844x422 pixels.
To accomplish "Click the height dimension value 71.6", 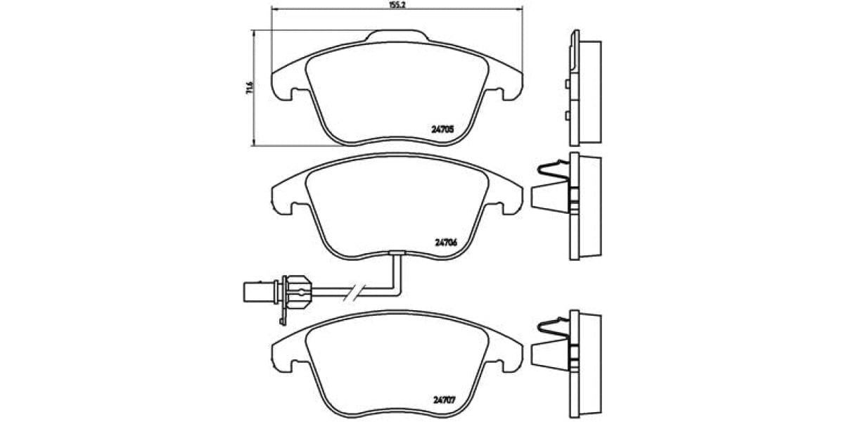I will [x=248, y=88].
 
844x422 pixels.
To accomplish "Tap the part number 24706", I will [x=446, y=242].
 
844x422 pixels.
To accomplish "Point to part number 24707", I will [x=445, y=401].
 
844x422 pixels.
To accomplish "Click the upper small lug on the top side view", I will [x=567, y=84].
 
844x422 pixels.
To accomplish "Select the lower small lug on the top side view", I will [x=567, y=115].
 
